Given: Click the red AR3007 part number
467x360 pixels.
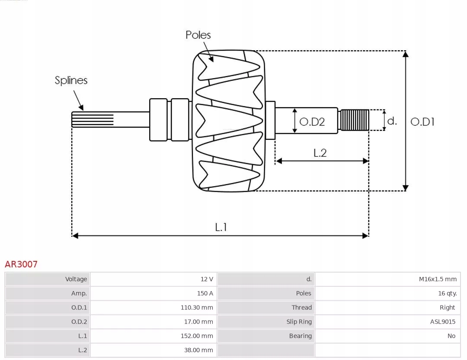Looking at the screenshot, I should click(21, 264).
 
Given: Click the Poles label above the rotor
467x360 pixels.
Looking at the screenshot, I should click(198, 35).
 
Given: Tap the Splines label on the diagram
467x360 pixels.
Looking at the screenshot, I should click(71, 80).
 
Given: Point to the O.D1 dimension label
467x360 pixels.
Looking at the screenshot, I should click(422, 122).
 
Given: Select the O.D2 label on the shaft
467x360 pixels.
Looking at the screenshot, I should click(312, 122).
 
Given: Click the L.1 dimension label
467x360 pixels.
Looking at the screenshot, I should click(221, 227).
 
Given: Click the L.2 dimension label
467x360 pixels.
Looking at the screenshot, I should click(320, 153).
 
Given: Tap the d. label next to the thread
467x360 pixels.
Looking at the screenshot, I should click(392, 121).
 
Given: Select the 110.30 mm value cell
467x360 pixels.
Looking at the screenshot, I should click(197, 308).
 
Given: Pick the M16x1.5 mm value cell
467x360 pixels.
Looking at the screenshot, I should click(438, 279).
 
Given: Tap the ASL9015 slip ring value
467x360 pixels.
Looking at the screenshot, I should click(442, 322).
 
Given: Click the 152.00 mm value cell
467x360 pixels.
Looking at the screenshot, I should click(197, 336).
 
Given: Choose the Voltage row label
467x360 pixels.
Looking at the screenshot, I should click(76, 279).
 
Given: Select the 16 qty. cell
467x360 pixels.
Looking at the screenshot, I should click(447, 293).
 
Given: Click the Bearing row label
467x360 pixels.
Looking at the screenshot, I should click(300, 336).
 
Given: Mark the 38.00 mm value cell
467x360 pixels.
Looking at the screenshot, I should click(198, 350).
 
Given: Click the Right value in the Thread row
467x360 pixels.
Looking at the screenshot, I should click(447, 308).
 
